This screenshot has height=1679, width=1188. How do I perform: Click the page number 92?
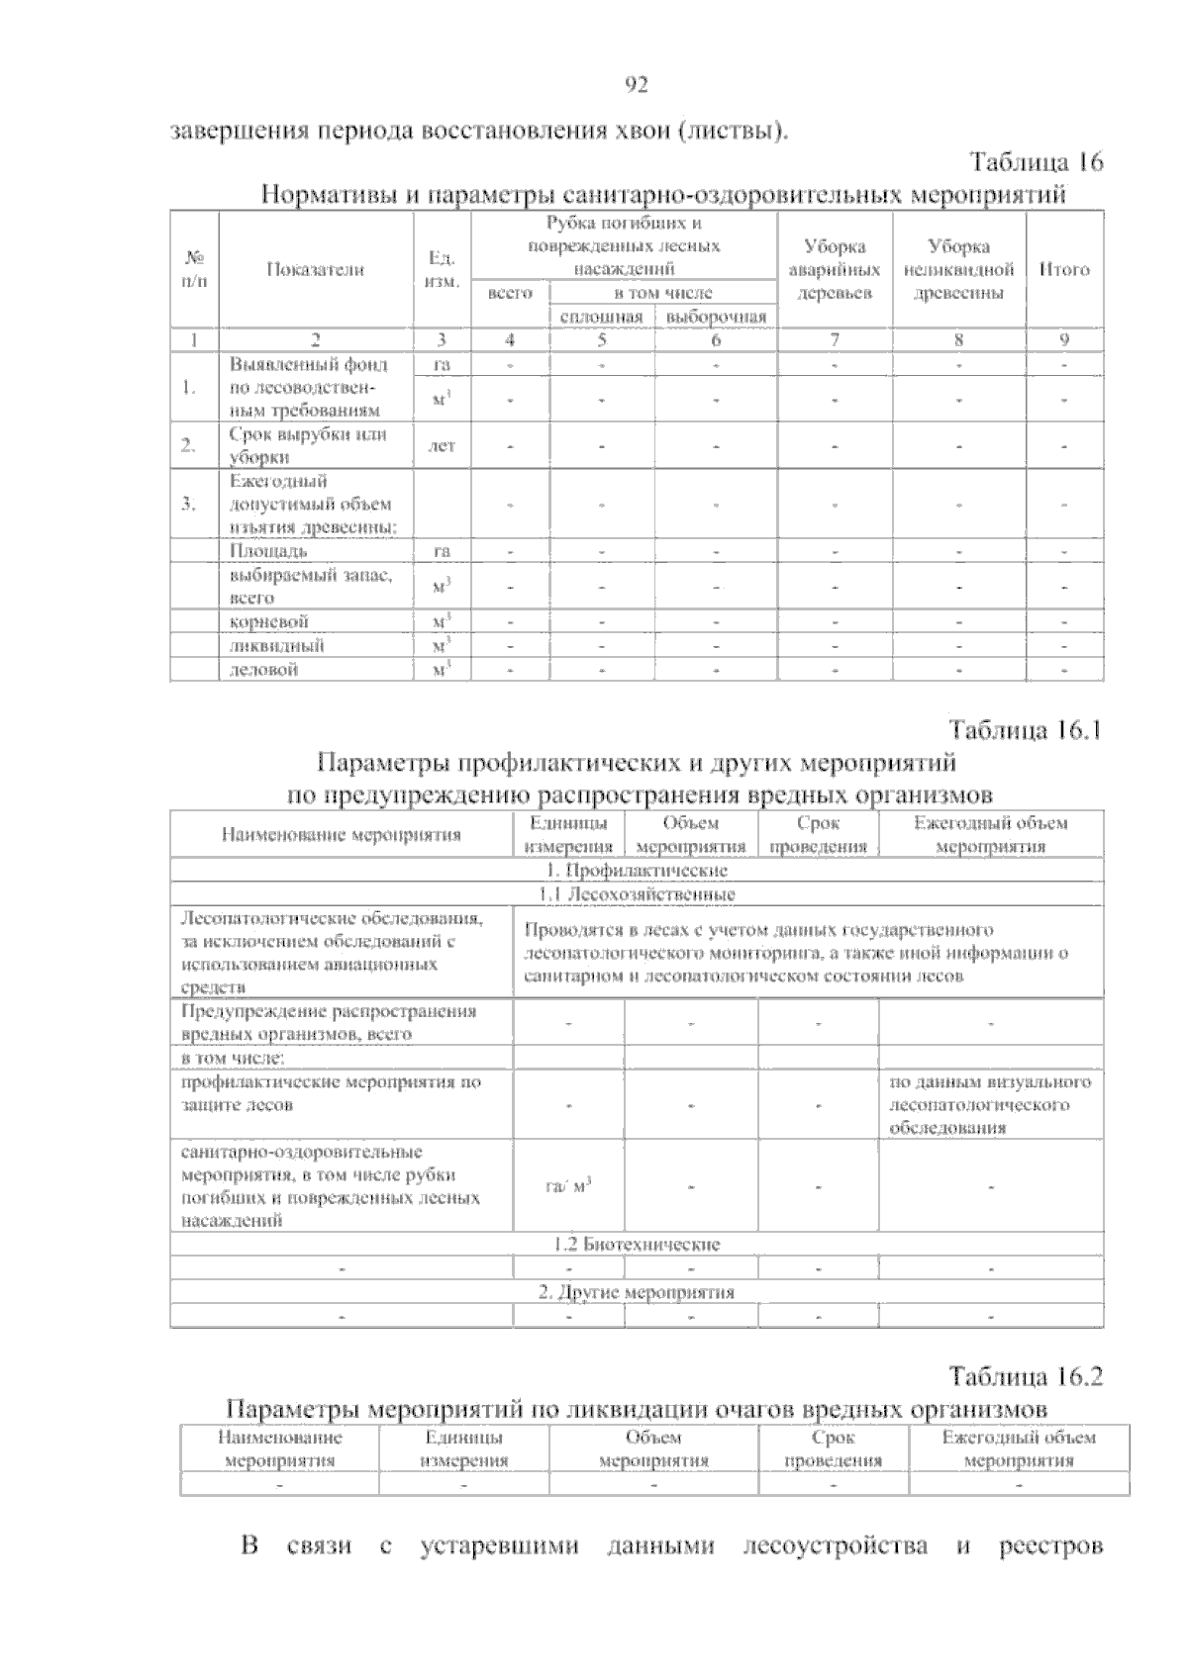point(637,86)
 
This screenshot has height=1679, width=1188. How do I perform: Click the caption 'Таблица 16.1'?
point(1026,731)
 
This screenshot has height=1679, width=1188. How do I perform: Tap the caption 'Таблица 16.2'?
point(1026,1376)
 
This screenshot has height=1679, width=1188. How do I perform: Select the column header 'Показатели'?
point(315,269)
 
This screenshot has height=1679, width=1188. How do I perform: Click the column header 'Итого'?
point(1064,269)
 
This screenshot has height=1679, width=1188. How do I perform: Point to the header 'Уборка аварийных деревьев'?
point(835,269)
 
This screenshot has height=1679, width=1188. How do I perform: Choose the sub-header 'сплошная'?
point(601,317)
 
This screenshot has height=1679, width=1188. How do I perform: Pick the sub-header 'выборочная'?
point(716,317)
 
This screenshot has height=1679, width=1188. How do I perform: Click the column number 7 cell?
point(835,340)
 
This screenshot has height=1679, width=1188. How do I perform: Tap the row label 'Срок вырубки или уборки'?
point(307,445)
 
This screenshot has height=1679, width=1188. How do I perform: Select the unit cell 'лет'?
point(441,446)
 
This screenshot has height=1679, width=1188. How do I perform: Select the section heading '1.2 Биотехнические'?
point(637,1245)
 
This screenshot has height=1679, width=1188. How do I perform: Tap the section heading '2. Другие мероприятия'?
point(637,1292)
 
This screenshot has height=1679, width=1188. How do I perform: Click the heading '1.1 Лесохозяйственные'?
point(637,894)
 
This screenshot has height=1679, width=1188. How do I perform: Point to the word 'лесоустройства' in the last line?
point(835,1574)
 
